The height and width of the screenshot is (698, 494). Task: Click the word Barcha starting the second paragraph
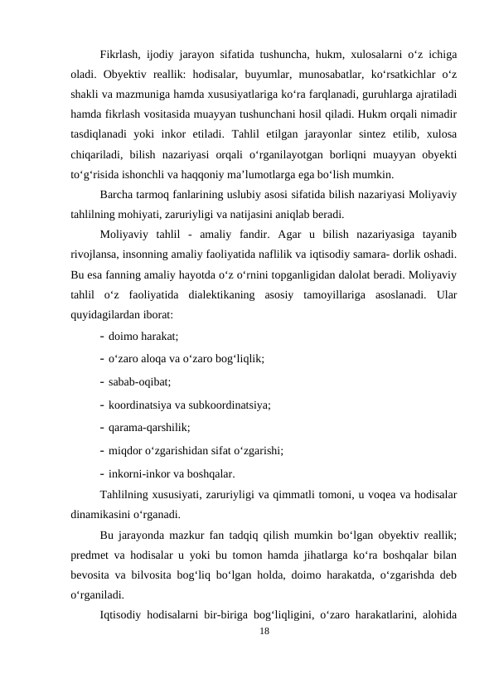(117, 196)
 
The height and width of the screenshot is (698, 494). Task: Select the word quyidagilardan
(107, 315)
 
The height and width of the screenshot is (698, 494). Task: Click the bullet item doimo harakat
(143, 336)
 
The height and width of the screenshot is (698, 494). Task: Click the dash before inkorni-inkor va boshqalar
(101, 475)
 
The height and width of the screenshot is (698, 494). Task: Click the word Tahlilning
(128, 497)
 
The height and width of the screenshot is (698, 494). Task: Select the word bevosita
(93, 576)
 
